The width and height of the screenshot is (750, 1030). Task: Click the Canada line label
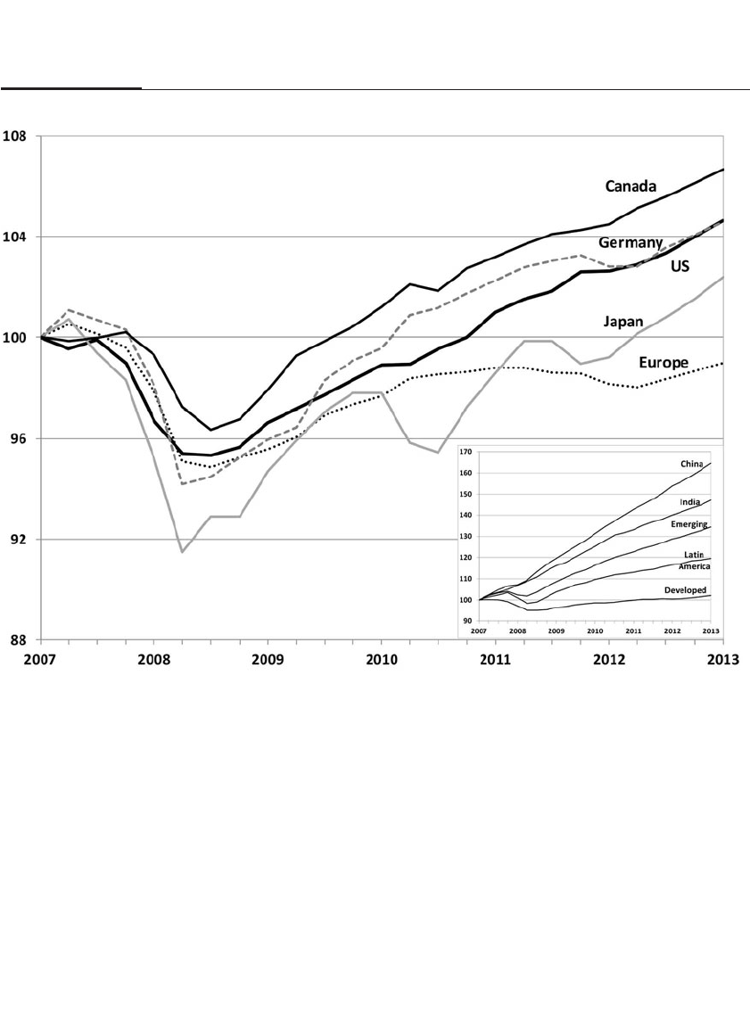click(630, 186)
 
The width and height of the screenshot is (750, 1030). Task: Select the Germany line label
click(629, 243)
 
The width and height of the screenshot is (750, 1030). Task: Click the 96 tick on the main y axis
click(19, 439)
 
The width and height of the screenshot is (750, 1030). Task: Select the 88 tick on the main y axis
click(19, 639)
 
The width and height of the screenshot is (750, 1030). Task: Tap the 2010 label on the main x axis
click(382, 661)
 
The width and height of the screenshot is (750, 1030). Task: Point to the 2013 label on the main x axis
click(723, 661)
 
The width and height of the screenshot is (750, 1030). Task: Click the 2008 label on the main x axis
click(154, 661)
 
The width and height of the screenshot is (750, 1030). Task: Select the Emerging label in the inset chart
click(689, 525)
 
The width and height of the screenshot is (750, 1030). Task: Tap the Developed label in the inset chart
click(686, 590)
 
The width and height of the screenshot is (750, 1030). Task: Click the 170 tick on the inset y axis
click(466, 452)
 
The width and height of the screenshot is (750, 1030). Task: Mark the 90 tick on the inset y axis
click(467, 621)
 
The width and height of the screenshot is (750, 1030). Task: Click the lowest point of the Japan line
click(182, 552)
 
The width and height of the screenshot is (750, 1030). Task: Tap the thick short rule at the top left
click(71, 88)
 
